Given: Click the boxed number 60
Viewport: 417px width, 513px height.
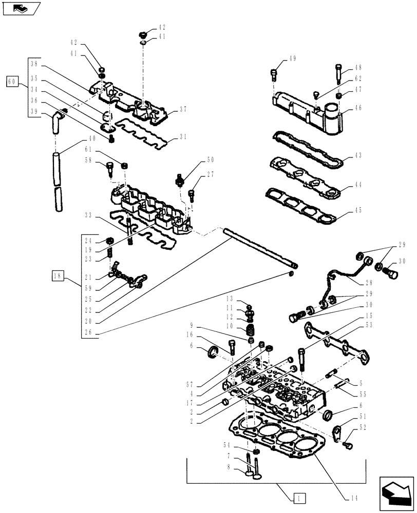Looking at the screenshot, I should click(12, 81).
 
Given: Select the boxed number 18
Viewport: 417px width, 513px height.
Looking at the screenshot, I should click(57, 278).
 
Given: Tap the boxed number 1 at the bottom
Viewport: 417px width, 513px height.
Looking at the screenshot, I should click(299, 497).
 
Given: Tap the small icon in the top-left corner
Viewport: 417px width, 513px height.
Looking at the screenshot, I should click(20, 8).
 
